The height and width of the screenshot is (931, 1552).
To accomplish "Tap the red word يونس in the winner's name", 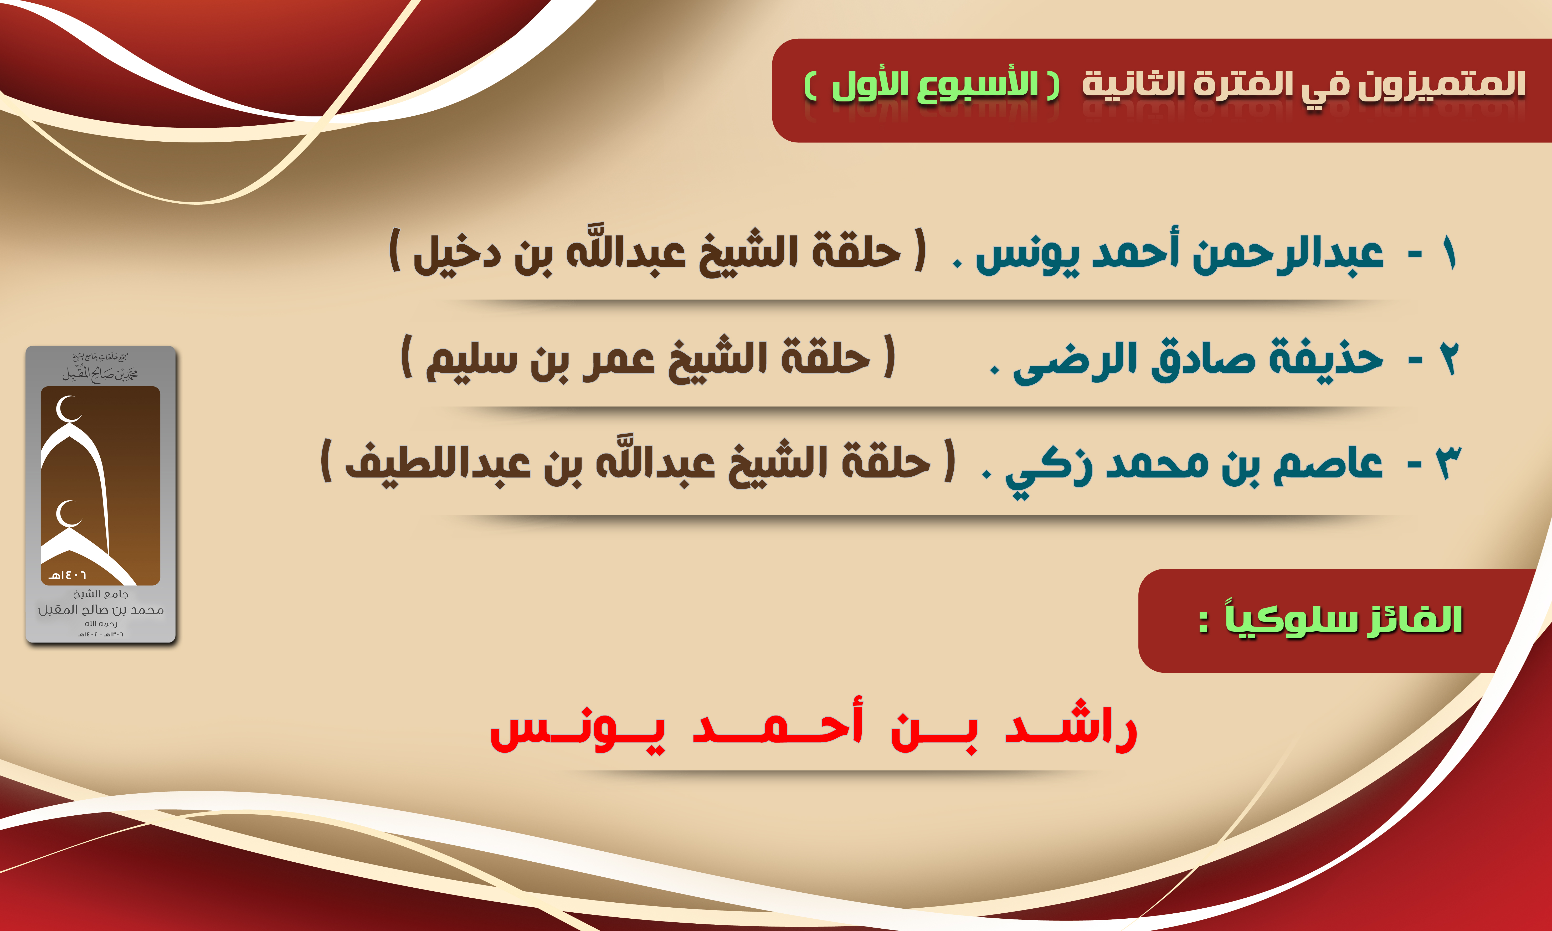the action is coord(577,731).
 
